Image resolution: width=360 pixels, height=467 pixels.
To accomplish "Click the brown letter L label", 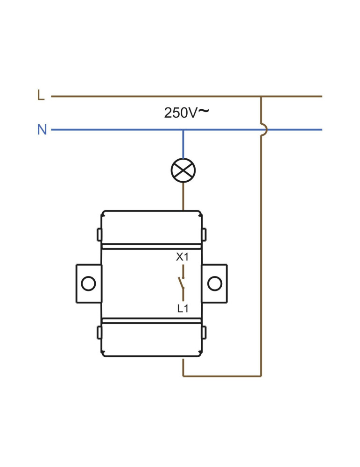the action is click(x=41, y=95).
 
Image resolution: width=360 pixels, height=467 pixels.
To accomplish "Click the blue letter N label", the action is click(x=42, y=129).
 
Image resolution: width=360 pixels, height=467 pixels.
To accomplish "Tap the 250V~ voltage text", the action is click(x=186, y=113).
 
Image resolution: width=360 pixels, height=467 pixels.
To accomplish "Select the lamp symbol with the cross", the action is click(x=183, y=170).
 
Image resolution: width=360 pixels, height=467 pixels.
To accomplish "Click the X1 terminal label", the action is click(x=182, y=257).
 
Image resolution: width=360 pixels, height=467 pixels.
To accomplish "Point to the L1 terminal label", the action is click(x=183, y=309).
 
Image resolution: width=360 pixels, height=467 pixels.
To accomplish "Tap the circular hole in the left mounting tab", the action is click(x=88, y=283).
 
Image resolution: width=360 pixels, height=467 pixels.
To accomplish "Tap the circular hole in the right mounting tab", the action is click(x=215, y=283).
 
